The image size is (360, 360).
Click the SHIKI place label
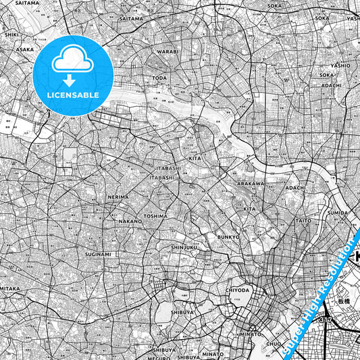click(11, 33)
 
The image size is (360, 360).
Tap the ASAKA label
click(25, 49)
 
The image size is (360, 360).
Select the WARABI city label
click(168, 51)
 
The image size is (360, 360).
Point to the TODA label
click(160, 78)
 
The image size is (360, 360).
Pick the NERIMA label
click(118, 197)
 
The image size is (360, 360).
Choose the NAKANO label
click(130, 221)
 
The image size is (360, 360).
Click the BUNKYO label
click(229, 237)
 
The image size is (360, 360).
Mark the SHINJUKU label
click(184, 247)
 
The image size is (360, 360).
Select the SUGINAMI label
click(98, 255)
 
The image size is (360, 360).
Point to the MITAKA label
click(9, 288)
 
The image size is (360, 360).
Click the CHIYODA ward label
click(238, 290)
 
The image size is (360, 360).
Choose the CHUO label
click(274, 344)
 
